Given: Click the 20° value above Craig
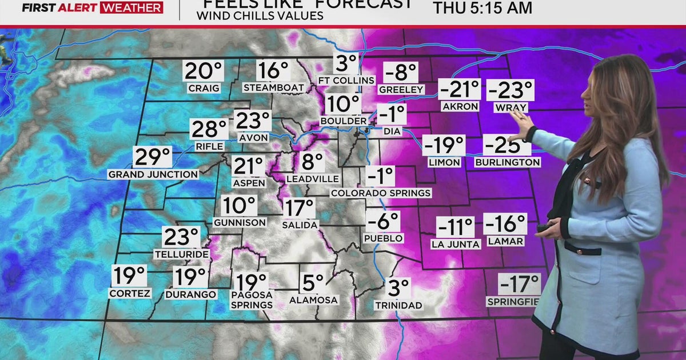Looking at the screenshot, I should tap(203, 71).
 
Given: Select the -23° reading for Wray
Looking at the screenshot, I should tap(510, 91).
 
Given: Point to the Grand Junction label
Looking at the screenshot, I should tap(153, 174).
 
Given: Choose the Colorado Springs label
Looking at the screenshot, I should tap(381, 193).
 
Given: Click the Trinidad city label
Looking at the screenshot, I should tap(398, 305).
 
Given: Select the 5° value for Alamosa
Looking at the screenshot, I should tap(313, 282).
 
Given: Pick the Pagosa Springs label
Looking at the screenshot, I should tap(252, 300).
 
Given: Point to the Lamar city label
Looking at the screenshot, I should tap(505, 241).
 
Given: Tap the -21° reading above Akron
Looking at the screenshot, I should tap(460, 90).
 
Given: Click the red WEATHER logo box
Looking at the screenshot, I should tap(131, 7).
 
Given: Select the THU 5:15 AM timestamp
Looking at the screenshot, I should tap(482, 8).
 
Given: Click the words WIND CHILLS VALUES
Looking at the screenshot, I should tap(260, 16).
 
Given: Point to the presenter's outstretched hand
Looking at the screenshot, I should tap(521, 123).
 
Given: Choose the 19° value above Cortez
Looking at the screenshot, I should tap(129, 276).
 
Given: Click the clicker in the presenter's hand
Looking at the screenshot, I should tap(544, 227).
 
